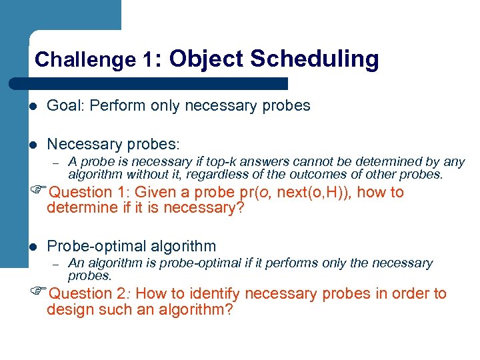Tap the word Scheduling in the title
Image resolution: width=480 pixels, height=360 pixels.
pos(314,59)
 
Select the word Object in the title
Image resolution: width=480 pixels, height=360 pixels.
pos(207,59)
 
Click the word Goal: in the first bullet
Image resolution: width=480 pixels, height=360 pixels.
pos(65,105)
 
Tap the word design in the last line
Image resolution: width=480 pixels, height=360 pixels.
pos(67,309)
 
